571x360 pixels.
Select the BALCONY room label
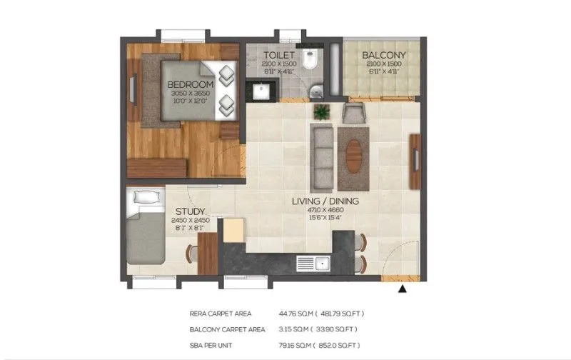[x=383, y=55]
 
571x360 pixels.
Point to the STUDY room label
[x=191, y=211]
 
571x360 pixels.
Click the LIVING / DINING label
[x=325, y=201]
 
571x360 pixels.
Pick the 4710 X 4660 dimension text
[x=325, y=210]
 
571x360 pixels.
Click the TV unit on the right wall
[x=414, y=161]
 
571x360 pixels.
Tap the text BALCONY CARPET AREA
[x=228, y=329]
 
